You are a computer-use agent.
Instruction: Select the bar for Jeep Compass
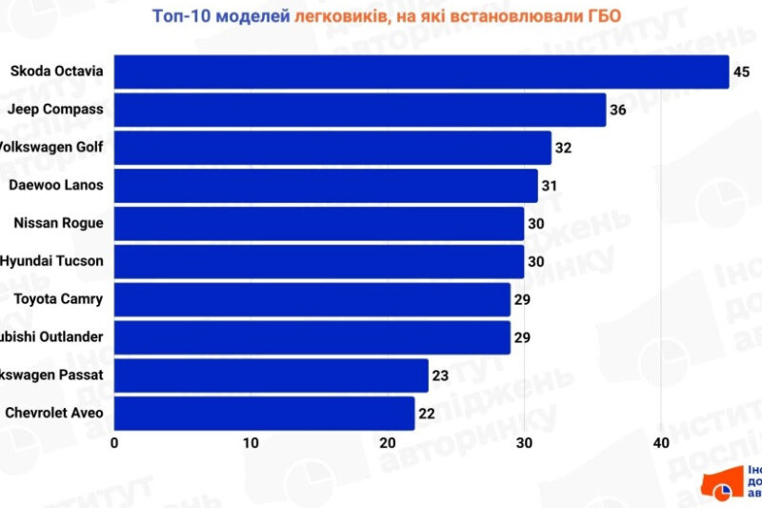pyautogui.click(x=360, y=110)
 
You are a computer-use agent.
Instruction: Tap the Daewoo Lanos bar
pyautogui.click(x=326, y=185)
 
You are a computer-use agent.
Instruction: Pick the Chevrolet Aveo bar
pyautogui.click(x=264, y=413)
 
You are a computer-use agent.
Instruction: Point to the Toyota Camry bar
pyautogui.click(x=311, y=299)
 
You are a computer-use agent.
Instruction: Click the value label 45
pyautogui.click(x=742, y=71)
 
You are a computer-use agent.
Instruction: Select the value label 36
pyautogui.click(x=618, y=110)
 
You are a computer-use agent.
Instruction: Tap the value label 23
pyautogui.click(x=440, y=376)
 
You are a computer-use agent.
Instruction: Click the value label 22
pyautogui.click(x=427, y=413)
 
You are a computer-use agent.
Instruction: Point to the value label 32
pyautogui.click(x=563, y=148)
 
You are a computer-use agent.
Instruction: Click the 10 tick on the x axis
pyautogui.click(x=251, y=443)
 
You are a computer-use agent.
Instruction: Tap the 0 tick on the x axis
pyautogui.click(x=114, y=443)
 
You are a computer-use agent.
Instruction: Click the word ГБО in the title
pyautogui.click(x=601, y=15)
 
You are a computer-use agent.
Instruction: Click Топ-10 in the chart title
pyautogui.click(x=182, y=15)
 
